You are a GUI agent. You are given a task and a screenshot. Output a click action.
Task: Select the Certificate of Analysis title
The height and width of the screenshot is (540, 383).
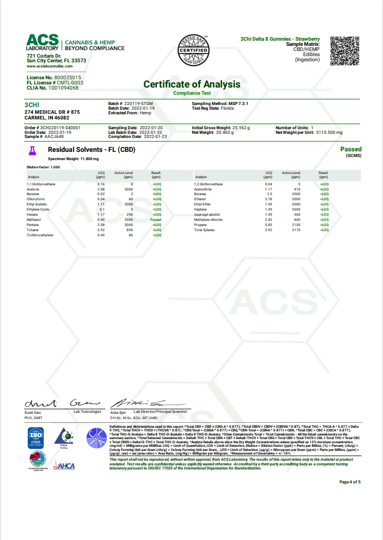[x=191, y=84]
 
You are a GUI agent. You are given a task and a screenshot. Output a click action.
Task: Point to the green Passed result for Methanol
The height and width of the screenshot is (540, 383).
[x=155, y=220]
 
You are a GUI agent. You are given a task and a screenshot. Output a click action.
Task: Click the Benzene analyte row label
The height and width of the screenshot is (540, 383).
[x=34, y=193]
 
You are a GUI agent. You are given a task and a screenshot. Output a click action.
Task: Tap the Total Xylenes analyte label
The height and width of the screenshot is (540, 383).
[x=205, y=230]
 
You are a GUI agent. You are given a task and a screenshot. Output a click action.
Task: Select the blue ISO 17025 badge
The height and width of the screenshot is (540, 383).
[x=36, y=437]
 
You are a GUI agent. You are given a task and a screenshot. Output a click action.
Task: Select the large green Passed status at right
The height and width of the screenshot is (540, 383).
[x=351, y=149]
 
